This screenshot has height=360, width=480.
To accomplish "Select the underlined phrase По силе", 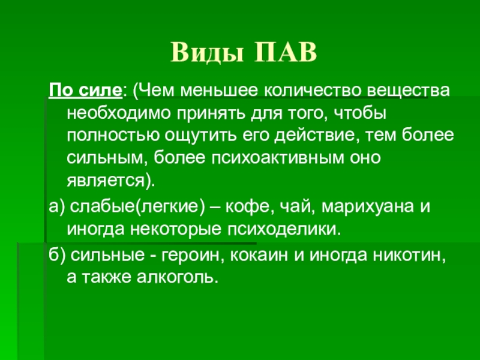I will [x=85, y=91].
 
